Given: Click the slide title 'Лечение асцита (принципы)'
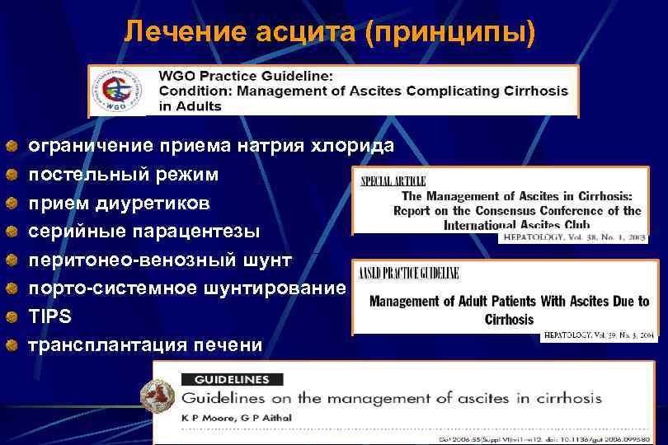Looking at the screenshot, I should click(329, 32).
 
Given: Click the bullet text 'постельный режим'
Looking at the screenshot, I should click(124, 175).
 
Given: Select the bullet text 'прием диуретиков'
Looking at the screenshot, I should click(119, 203).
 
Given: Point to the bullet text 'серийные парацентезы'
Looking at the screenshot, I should click(143, 232).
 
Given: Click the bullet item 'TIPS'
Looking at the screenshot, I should click(50, 316).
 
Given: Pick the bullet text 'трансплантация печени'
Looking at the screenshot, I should click(145, 345).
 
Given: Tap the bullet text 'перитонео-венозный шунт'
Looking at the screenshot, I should click(160, 260).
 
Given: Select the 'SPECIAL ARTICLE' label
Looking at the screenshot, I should click(393, 180).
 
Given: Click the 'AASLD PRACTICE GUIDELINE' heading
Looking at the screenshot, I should click(408, 274).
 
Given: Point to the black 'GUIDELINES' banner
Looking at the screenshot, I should click(231, 380).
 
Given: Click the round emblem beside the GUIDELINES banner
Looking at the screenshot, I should click(157, 396).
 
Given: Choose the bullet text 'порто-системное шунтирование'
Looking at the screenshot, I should click(186, 288).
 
